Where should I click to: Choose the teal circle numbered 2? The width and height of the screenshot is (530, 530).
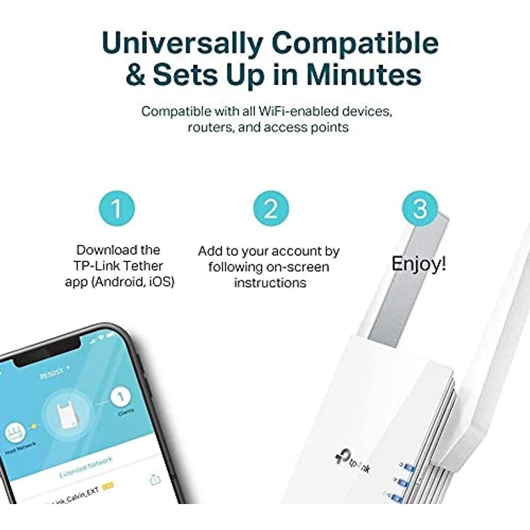click(270, 209)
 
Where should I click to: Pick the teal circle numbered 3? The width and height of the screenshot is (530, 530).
click(419, 209)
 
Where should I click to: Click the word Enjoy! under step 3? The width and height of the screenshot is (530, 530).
click(418, 264)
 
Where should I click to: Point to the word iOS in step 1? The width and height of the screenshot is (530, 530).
click(160, 282)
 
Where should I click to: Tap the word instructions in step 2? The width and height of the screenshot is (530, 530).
click(269, 283)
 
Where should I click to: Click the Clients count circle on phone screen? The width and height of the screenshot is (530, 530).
click(122, 395)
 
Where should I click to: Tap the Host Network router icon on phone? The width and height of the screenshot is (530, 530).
click(15, 433)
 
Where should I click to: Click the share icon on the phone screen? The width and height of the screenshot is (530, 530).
click(154, 479)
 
